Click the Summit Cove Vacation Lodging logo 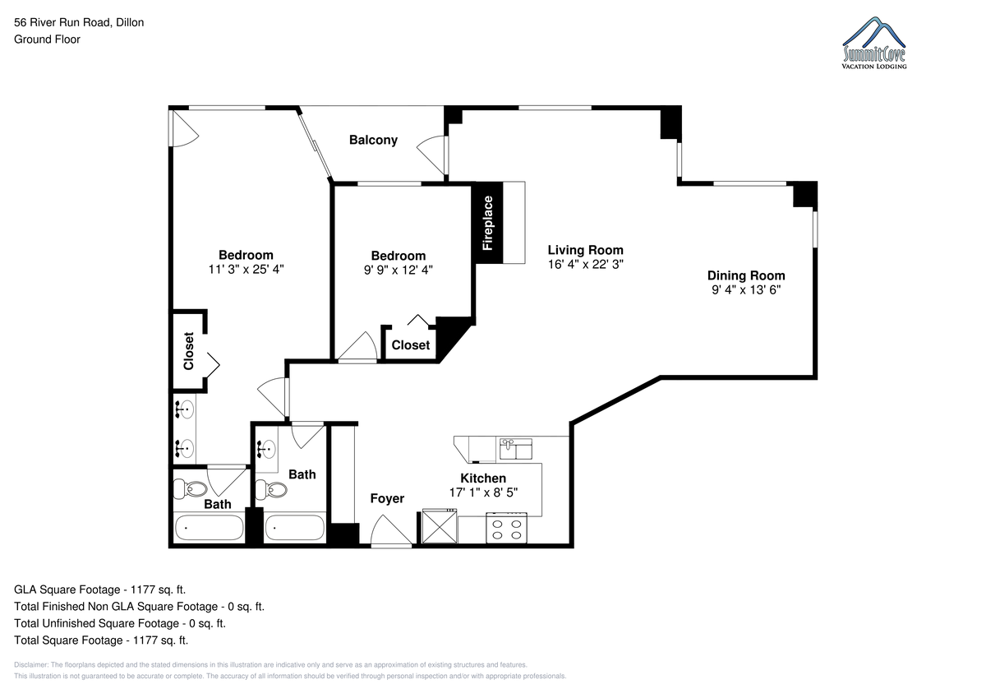(x=873, y=43)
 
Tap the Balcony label (x=373, y=140)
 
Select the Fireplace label (x=487, y=223)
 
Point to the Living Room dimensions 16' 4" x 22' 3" (x=585, y=264)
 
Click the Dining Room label (x=746, y=275)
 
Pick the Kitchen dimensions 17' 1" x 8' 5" (x=483, y=492)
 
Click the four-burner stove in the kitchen (x=506, y=528)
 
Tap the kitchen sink (x=515, y=449)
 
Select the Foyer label (x=387, y=498)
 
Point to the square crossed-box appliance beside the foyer (x=440, y=526)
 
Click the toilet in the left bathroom (x=190, y=488)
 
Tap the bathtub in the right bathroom (x=294, y=528)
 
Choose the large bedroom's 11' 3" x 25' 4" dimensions (x=246, y=269)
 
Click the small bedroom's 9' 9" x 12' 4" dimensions (x=399, y=270)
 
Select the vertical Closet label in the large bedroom (x=189, y=351)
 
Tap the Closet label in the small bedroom (x=411, y=345)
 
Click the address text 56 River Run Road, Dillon (x=79, y=22)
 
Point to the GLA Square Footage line (x=100, y=589)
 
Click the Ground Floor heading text (x=47, y=39)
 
